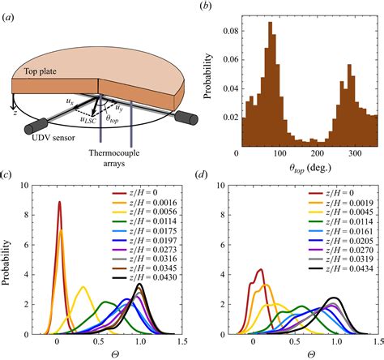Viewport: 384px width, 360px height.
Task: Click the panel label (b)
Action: (x=209, y=9)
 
